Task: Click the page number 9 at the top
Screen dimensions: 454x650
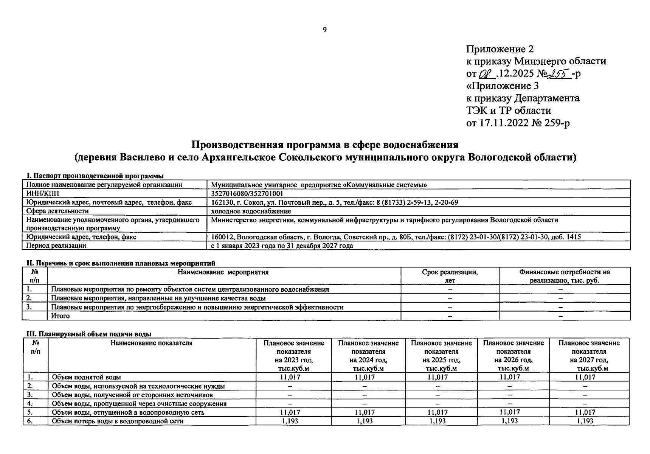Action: pos(325,30)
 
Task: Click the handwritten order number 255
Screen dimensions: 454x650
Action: pos(560,73)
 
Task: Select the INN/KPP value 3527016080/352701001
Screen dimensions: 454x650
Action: pos(247,194)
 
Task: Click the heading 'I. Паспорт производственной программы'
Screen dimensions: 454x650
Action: pos(95,176)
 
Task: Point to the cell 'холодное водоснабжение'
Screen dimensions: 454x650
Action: pos(251,211)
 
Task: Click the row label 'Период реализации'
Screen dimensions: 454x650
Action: pos(56,246)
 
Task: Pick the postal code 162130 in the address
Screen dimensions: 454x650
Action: pos(222,202)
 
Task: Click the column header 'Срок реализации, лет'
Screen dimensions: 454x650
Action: pos(450,276)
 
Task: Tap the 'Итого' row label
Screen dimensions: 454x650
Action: pos(61,316)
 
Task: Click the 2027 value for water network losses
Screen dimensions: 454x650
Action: pos(585,421)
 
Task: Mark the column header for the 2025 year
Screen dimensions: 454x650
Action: pos(441,356)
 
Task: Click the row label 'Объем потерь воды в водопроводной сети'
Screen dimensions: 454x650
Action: pos(118,421)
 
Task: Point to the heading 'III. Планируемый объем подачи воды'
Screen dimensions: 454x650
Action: pos(89,334)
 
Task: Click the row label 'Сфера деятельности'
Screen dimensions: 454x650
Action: pos(57,211)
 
